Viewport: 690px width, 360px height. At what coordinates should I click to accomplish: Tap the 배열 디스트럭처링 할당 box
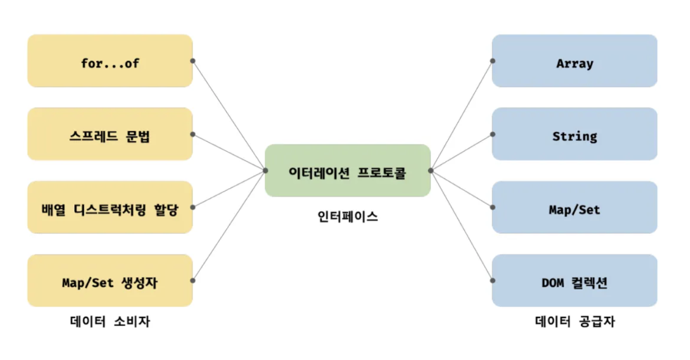[110, 207]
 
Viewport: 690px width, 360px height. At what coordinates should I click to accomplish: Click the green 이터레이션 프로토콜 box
[348, 170]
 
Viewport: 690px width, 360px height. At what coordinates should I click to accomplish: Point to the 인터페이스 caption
[348, 217]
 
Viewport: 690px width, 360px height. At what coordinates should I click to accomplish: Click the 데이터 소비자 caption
[110, 321]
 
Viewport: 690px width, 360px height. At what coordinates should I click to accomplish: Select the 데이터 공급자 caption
[574, 321]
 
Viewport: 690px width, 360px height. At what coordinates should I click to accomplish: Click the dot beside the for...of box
[193, 61]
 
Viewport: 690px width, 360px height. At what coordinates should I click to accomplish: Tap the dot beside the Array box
[493, 61]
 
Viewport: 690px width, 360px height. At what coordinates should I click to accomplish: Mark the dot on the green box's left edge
[265, 170]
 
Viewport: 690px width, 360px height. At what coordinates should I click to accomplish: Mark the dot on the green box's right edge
[431, 170]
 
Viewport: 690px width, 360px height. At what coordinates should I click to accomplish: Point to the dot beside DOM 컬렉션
[493, 281]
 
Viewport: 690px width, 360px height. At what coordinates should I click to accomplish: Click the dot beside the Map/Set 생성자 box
[193, 281]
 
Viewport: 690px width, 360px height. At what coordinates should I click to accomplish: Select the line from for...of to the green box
[229, 116]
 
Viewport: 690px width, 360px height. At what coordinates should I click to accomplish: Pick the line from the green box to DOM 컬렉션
[462, 225]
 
